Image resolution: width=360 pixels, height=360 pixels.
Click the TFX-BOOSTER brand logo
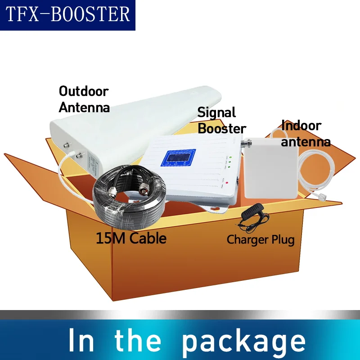(x=67, y=14)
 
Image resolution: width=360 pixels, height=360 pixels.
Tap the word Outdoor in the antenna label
(x=84, y=91)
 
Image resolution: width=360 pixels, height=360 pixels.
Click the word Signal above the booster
(x=216, y=112)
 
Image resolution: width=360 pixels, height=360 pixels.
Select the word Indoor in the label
(x=301, y=126)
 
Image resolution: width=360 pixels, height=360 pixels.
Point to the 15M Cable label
(x=131, y=238)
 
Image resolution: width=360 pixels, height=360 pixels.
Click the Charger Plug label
(x=261, y=239)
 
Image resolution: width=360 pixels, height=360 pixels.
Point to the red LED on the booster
(x=228, y=182)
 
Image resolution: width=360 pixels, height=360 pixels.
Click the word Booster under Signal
(x=222, y=128)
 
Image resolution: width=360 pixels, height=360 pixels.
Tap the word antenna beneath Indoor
(x=306, y=142)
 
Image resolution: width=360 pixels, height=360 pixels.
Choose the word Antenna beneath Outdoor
(x=84, y=108)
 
